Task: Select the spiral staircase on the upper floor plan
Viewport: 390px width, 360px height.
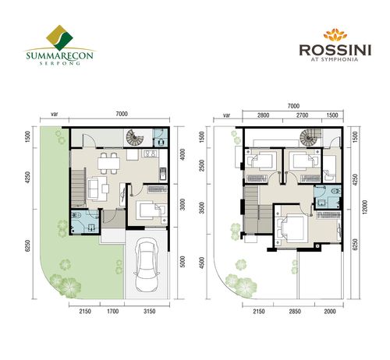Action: [310, 137]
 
